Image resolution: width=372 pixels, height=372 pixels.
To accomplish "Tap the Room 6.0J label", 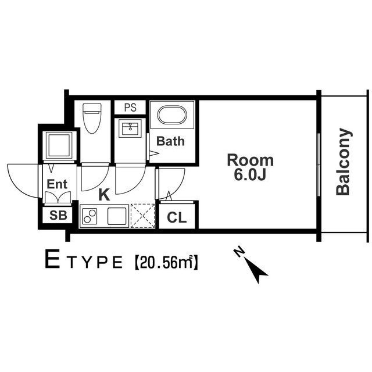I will (250, 167).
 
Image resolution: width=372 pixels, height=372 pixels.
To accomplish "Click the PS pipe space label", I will (130, 108).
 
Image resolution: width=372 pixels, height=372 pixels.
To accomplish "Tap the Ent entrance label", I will (57, 184).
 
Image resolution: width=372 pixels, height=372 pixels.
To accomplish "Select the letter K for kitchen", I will (105, 194).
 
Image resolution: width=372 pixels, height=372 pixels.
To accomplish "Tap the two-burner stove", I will (90, 217).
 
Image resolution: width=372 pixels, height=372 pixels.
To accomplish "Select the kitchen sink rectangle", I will (117, 216).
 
